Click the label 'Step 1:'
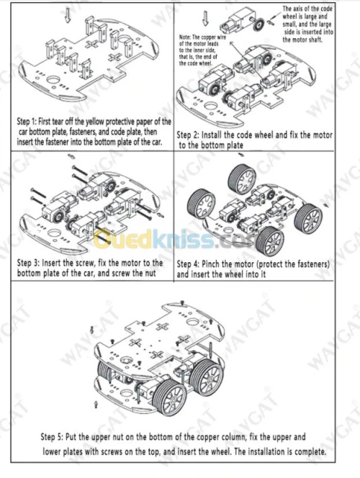(27, 122)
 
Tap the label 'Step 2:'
(188, 135)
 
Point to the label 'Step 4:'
(188, 264)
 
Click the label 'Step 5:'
(52, 437)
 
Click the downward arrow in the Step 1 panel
(68, 15)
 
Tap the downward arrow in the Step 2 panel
(206, 18)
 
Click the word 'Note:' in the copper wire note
(185, 37)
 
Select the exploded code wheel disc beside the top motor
(259, 24)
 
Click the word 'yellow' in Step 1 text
(95, 122)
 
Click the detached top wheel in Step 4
(242, 179)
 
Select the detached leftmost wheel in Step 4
(201, 204)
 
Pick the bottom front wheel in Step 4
(270, 241)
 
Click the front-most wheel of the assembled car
(169, 397)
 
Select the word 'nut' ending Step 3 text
(150, 273)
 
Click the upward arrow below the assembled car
(96, 405)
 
